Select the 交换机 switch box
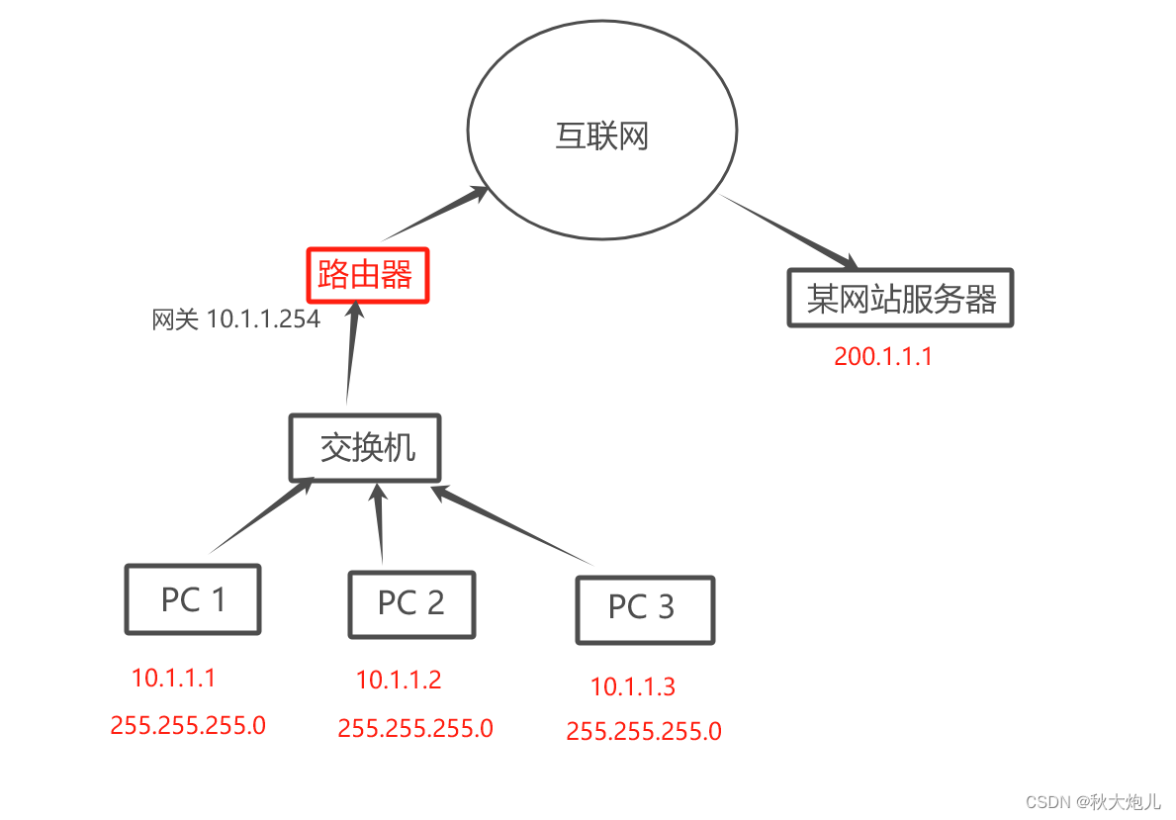[365, 448]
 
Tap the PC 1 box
[193, 599]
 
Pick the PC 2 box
[411, 603]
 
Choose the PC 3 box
[644, 609]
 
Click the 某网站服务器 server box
[900, 298]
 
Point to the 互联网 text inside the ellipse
[601, 137]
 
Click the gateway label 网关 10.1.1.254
[236, 319]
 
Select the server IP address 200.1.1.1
[883, 357]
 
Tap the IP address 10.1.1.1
[173, 678]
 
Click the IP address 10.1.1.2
[399, 680]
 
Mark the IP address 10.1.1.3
[633, 686]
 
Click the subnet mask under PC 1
[188, 725]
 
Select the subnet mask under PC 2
[415, 729]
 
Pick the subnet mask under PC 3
[644, 732]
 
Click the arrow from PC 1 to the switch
[262, 515]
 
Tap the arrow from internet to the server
[788, 232]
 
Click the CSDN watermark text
[1093, 801]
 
